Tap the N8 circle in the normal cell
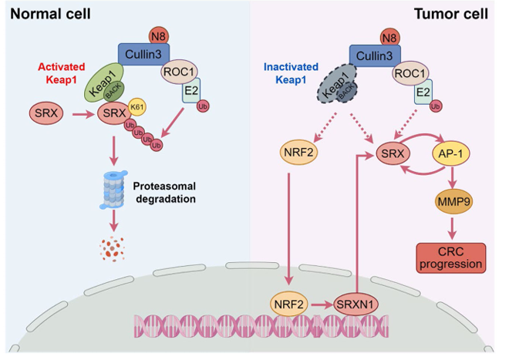159,35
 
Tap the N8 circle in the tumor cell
391,35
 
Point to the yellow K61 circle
137,106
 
